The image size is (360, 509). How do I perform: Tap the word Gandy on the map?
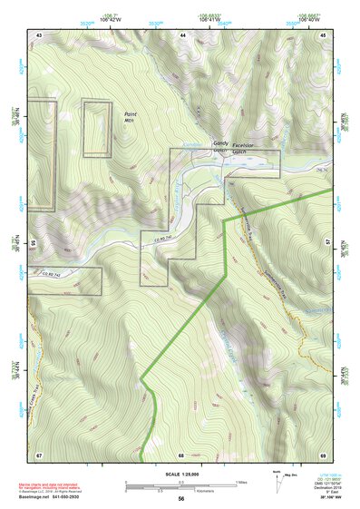pos(221,143)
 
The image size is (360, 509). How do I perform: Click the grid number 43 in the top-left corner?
pos(40,34)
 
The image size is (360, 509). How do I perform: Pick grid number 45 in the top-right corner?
pos(324,34)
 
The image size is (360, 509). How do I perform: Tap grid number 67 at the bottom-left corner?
pos(39,454)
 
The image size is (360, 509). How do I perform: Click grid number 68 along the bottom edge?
pos(181,454)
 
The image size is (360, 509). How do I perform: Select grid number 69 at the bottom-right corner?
pos(324,454)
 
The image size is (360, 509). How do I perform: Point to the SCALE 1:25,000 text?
pos(181,475)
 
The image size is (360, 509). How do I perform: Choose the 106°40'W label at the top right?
pos(310,17)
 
